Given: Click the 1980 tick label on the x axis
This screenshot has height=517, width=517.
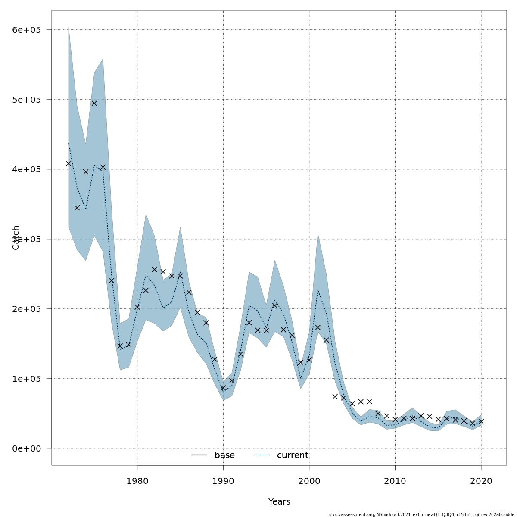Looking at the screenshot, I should pyautogui.click(x=137, y=481).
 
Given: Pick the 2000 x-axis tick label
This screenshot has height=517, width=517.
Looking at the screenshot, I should pyautogui.click(x=309, y=481).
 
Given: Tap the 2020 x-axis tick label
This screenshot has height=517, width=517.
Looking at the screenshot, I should pyautogui.click(x=481, y=481).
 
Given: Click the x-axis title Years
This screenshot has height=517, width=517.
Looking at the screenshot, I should pyautogui.click(x=279, y=502).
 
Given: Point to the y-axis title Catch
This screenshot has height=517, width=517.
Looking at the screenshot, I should pyautogui.click(x=16, y=237).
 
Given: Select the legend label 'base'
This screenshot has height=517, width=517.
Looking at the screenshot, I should pyautogui.click(x=224, y=455).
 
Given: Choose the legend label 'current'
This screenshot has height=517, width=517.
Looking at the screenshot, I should pyautogui.click(x=293, y=455).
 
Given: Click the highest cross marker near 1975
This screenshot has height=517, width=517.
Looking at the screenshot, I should pyautogui.click(x=94, y=103).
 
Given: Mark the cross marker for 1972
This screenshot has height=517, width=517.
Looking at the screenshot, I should pyautogui.click(x=69, y=163).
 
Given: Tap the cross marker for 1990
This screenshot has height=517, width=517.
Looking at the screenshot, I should pyautogui.click(x=223, y=388).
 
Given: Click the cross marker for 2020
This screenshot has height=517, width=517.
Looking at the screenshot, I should pyautogui.click(x=481, y=421).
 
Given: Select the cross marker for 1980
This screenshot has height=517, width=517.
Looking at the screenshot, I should pyautogui.click(x=137, y=307).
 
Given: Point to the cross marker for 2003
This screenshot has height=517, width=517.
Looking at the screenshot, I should pyautogui.click(x=335, y=396).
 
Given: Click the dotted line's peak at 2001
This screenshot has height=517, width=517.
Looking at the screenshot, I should pyautogui.click(x=318, y=290).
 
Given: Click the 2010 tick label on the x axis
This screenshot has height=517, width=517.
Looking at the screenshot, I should pyautogui.click(x=395, y=481).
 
